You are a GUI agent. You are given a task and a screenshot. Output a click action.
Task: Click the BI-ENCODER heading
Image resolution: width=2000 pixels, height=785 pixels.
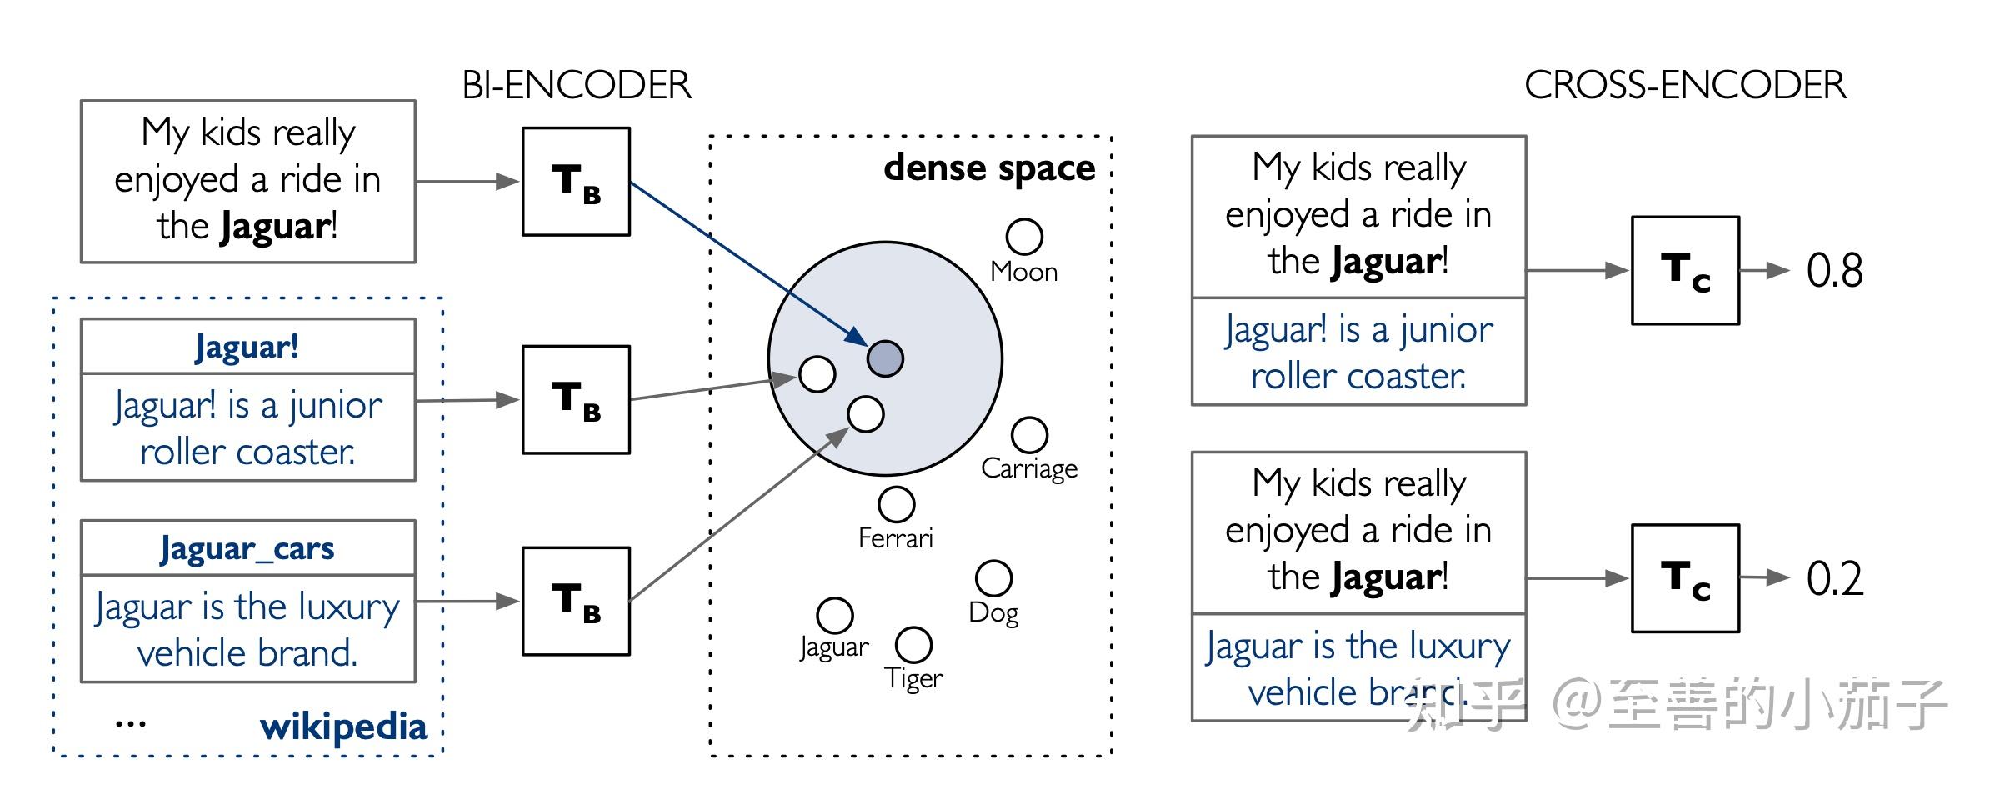point(577,85)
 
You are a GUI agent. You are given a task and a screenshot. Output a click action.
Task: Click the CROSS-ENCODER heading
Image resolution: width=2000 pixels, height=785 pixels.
point(1684,85)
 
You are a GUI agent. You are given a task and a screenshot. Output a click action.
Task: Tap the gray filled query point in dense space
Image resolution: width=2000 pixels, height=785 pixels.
point(885,358)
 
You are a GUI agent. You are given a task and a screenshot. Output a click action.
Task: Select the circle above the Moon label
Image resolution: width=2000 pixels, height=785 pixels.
point(1024,237)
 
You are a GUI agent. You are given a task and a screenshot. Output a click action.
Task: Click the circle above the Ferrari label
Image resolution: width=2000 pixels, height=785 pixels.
point(896,503)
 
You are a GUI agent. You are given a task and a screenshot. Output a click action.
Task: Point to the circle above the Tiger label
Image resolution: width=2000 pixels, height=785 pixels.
point(913,644)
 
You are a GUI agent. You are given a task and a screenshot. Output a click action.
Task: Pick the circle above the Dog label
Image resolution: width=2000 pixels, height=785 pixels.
point(993,578)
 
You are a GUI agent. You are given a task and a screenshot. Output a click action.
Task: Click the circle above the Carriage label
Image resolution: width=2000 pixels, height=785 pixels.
point(1029,435)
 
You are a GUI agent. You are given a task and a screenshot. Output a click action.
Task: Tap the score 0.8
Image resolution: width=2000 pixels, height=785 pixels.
point(1834,271)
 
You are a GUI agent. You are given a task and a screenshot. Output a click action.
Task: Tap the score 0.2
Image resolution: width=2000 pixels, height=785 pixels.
point(1834,578)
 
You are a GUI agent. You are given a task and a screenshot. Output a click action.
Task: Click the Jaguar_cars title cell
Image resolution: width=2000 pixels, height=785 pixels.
point(247,548)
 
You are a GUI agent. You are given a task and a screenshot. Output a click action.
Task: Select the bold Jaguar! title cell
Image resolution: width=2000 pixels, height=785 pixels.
point(247,347)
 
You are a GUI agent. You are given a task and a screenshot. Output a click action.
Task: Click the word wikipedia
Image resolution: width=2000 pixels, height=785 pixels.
point(343,727)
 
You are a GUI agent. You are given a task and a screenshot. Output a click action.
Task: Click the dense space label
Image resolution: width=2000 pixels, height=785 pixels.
point(989,167)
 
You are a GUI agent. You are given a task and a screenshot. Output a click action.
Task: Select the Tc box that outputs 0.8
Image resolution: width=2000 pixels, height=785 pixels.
point(1685,270)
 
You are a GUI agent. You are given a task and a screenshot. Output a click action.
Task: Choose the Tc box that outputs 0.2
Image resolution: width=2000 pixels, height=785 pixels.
point(1685,578)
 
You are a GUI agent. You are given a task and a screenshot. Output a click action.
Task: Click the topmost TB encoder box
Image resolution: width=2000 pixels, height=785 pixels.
point(576,182)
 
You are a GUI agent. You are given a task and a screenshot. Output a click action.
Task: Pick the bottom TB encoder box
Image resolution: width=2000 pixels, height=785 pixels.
point(576,601)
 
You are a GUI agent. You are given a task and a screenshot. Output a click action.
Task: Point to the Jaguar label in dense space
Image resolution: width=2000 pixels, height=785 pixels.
point(834,647)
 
